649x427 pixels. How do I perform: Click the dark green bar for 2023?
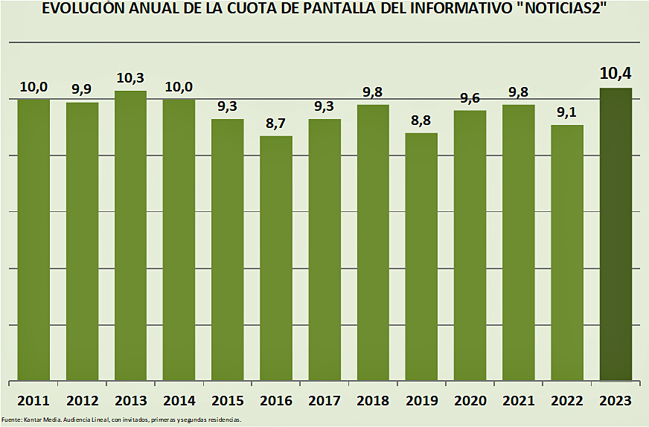point(616,234)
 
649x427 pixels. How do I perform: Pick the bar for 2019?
point(421,257)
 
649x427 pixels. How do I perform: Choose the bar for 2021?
point(519,243)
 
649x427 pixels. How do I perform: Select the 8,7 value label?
point(276,122)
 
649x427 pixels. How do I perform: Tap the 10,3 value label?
point(130,77)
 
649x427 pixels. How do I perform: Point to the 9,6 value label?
point(470,97)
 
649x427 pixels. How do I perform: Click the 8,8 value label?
point(421,119)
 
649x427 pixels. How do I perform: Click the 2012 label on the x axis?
point(82,401)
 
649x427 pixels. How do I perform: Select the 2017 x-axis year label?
point(324,401)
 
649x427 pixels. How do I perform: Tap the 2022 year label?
point(567,401)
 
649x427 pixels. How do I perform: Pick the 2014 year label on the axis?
point(179,401)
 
